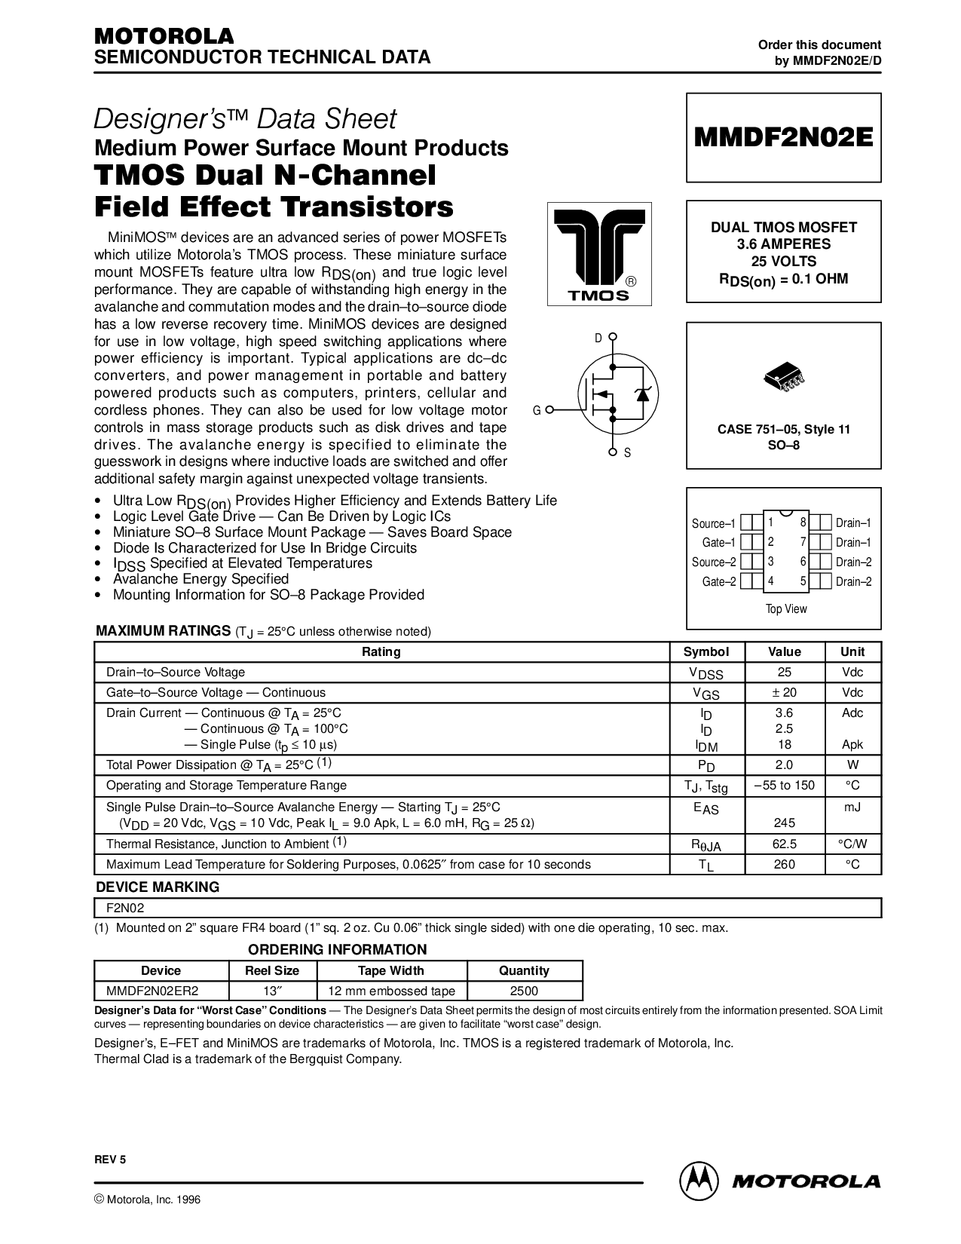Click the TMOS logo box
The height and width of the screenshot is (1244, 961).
[599, 253]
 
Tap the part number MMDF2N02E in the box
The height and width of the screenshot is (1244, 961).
[784, 137]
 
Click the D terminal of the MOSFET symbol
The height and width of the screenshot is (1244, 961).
[613, 336]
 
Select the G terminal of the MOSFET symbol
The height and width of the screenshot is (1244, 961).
[549, 409]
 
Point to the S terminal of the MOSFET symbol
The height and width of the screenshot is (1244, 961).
[613, 452]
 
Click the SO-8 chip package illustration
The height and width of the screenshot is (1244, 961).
[784, 377]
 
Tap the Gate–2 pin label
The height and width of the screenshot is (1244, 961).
[719, 581]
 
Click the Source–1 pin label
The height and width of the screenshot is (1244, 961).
[713, 523]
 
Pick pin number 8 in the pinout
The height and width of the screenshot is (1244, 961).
[803, 522]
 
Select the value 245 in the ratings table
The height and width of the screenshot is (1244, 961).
[784, 823]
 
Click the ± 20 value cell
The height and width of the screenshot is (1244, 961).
[784, 692]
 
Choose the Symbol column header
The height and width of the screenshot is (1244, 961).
[706, 651]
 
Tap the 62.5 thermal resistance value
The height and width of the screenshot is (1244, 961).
[784, 844]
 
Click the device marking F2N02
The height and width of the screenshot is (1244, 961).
[125, 908]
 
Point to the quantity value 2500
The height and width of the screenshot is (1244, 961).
[524, 991]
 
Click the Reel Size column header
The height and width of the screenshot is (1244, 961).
[272, 970]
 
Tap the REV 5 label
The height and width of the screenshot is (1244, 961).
[110, 1160]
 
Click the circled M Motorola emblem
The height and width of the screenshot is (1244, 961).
[698, 1181]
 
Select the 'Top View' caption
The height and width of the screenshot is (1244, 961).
[786, 609]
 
